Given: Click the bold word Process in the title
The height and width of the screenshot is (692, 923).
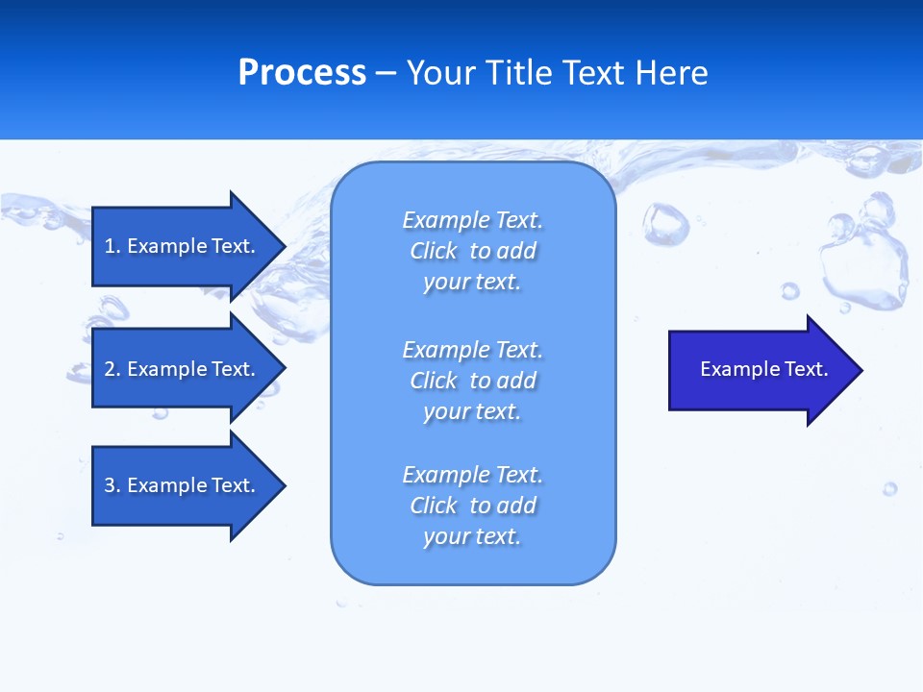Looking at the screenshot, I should point(302,73).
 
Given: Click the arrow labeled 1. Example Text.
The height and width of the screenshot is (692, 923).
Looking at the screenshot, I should point(180,246).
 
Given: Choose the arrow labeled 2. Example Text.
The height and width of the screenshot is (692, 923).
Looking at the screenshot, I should point(180,369).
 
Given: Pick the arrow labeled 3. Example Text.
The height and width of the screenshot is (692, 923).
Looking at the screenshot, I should point(180,485).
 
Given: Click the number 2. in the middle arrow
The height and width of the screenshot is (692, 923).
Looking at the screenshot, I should point(112,369).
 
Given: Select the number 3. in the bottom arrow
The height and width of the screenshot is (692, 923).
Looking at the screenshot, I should point(112,485).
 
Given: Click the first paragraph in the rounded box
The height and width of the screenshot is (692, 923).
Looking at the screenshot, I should point(472,251).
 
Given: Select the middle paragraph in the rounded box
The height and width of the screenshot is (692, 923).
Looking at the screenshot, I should point(472,381).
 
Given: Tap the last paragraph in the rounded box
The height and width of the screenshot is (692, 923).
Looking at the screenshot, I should point(472,506).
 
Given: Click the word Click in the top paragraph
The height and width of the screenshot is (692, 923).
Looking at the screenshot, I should point(434,251).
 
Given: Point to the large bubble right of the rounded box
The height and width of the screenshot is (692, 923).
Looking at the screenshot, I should point(666,223).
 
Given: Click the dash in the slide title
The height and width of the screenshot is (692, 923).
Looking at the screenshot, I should point(386,73).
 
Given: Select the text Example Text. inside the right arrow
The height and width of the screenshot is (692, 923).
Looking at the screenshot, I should point(763,369).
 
